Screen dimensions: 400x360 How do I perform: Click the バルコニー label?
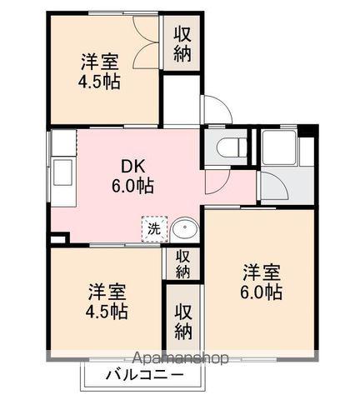click(x=144, y=375)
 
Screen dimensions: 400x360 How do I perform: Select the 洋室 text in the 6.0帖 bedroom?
click(x=261, y=272)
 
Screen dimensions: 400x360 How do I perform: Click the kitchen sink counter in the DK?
click(x=62, y=171)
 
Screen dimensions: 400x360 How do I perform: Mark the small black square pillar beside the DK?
click(x=56, y=238)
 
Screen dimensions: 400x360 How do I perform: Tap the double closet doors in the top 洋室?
click(x=147, y=46)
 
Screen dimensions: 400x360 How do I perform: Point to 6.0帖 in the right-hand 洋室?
click(x=261, y=292)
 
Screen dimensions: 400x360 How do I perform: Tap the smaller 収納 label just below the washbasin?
click(x=183, y=263)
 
